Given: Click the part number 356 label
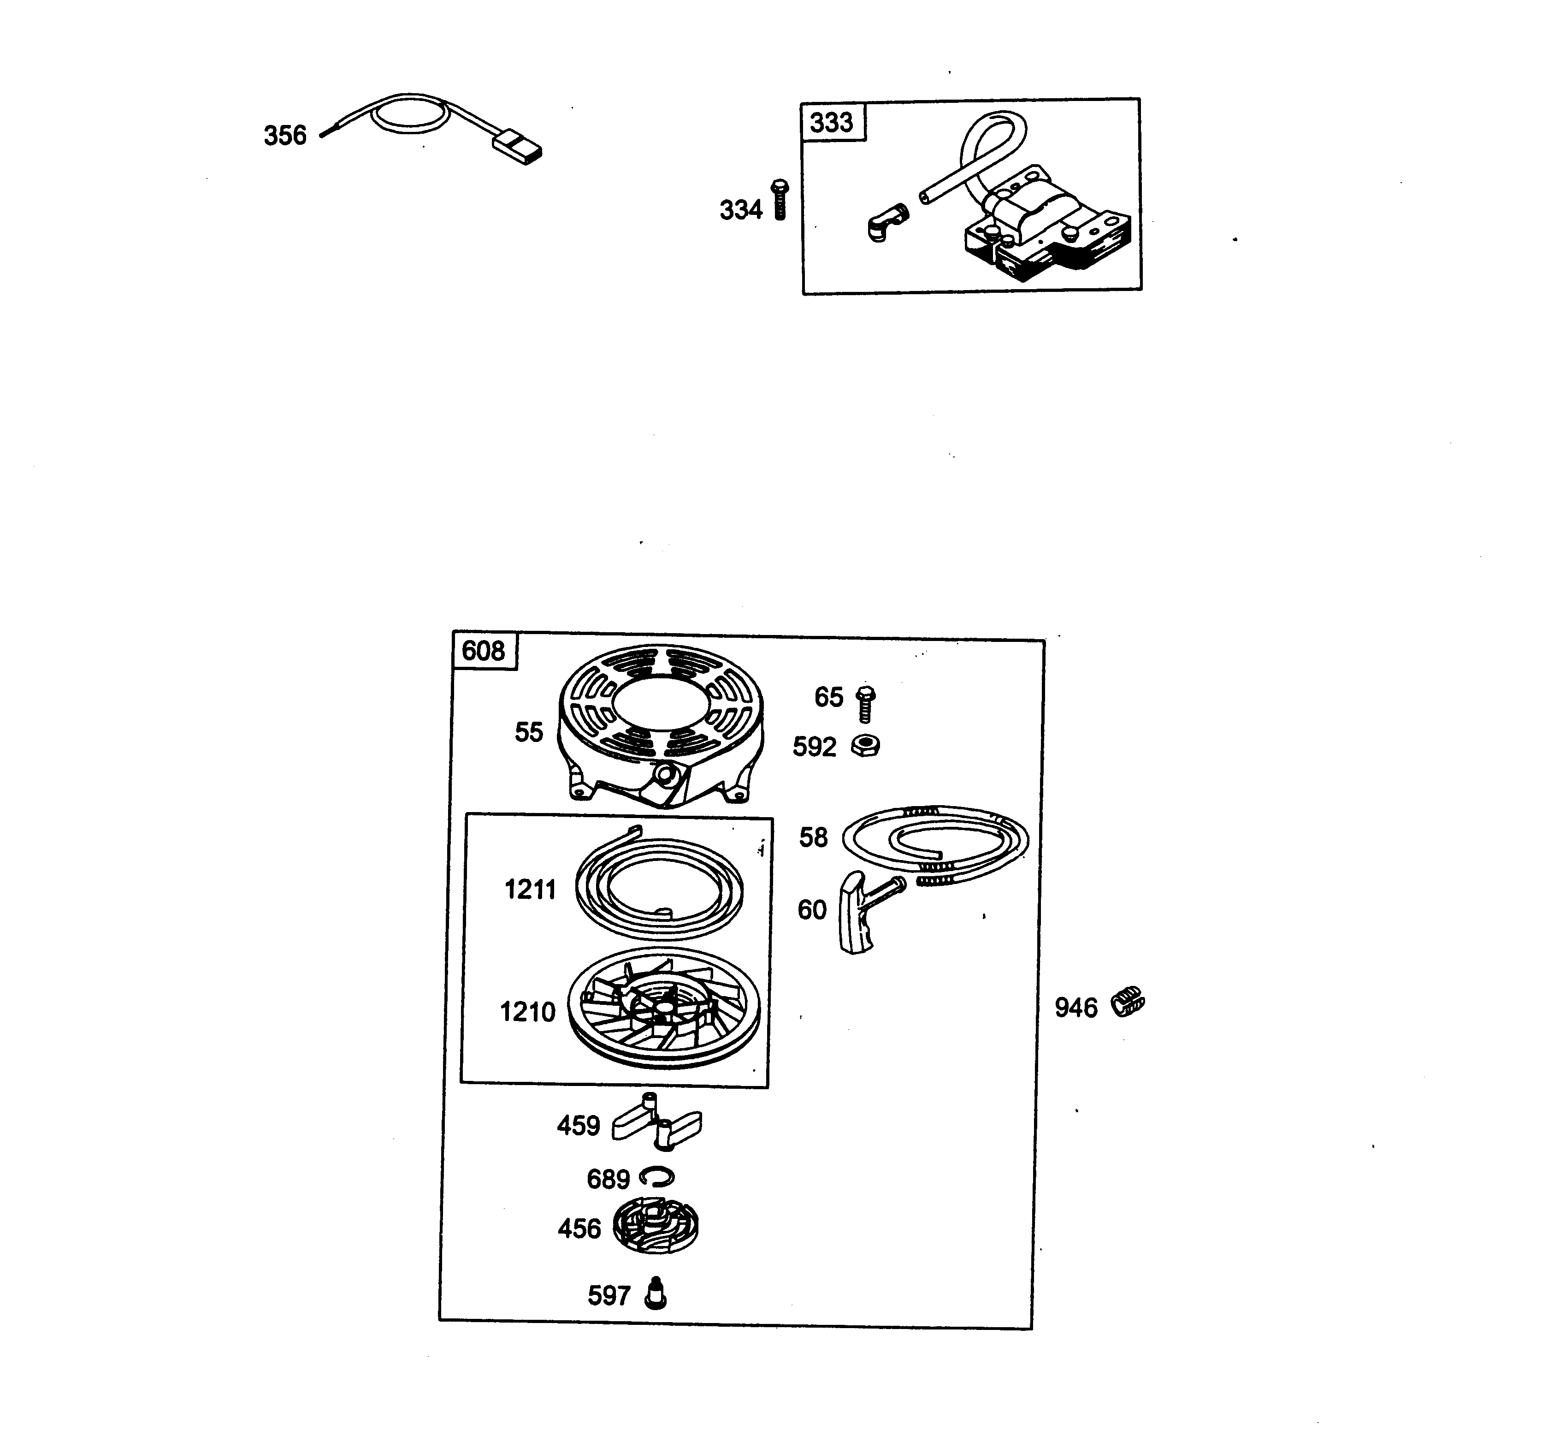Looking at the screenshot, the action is coord(285,136).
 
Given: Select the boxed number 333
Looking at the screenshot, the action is coord(831,123).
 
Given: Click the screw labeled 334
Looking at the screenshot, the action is coord(779,200).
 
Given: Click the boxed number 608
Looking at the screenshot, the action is coord(483,650).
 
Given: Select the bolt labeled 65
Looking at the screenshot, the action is coord(865,704).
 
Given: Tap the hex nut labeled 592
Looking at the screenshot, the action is coord(865,747).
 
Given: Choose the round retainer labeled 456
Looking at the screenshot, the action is coord(656,1228).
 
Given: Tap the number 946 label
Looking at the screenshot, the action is coord(1076,1008).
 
